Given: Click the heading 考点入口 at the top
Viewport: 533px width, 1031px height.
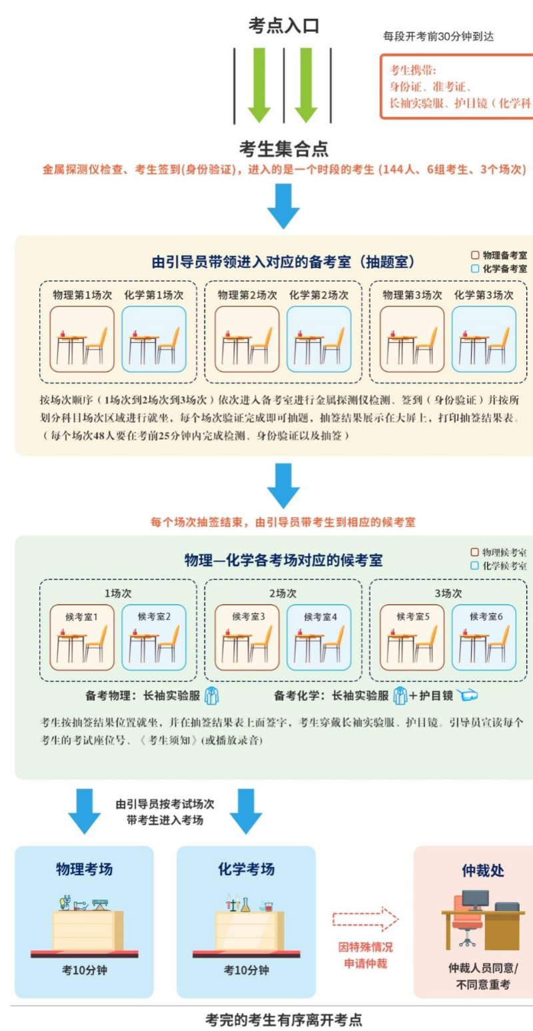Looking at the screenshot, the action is click(x=284, y=25).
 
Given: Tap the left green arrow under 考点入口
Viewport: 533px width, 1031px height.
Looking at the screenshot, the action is click(x=259, y=85).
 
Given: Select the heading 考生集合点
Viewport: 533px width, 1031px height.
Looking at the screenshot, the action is click(x=284, y=149).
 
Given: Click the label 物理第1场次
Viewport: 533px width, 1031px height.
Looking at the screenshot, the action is click(x=82, y=295).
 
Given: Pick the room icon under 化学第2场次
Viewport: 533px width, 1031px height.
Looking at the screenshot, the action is click(x=319, y=339).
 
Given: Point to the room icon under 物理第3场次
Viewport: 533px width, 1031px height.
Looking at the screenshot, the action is click(x=412, y=339).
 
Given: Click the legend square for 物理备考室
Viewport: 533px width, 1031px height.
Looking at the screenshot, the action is click(x=475, y=255).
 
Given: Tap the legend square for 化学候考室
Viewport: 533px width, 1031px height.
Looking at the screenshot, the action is click(x=474, y=565).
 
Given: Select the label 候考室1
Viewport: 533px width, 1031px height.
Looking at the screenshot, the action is click(x=81, y=617).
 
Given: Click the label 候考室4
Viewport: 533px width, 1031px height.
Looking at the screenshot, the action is click(x=320, y=617).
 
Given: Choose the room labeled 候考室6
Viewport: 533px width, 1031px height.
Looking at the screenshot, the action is click(x=484, y=637).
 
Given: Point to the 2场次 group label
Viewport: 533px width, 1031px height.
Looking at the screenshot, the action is click(x=282, y=593).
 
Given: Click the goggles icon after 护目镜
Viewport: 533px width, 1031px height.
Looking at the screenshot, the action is click(x=467, y=695).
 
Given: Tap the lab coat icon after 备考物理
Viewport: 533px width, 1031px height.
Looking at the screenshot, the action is click(x=211, y=695).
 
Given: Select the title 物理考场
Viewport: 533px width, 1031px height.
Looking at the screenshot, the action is click(x=84, y=869).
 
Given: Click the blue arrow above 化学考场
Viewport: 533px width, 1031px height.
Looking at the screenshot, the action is click(x=246, y=811).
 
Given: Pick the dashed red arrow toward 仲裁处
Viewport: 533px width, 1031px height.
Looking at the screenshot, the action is click(x=366, y=919).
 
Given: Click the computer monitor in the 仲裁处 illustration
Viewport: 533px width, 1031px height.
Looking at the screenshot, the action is click(x=476, y=900).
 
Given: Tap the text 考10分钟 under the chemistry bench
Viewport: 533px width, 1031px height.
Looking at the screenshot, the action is click(x=247, y=970).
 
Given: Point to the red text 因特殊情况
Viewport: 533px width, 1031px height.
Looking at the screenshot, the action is click(x=366, y=947).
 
